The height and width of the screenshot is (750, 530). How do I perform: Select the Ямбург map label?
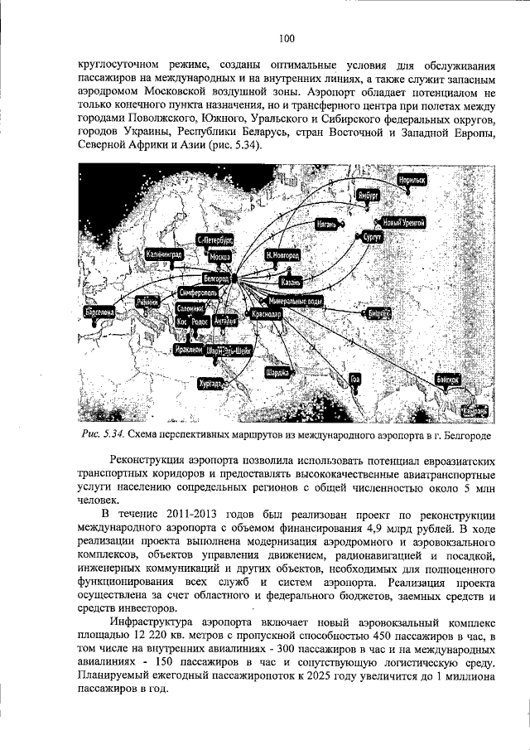(369, 195)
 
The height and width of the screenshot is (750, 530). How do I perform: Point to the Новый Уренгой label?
(403, 223)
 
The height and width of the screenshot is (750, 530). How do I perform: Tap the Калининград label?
(164, 254)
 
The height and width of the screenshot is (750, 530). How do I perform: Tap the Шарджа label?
(277, 373)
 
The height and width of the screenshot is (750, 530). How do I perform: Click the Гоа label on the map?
(356, 379)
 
